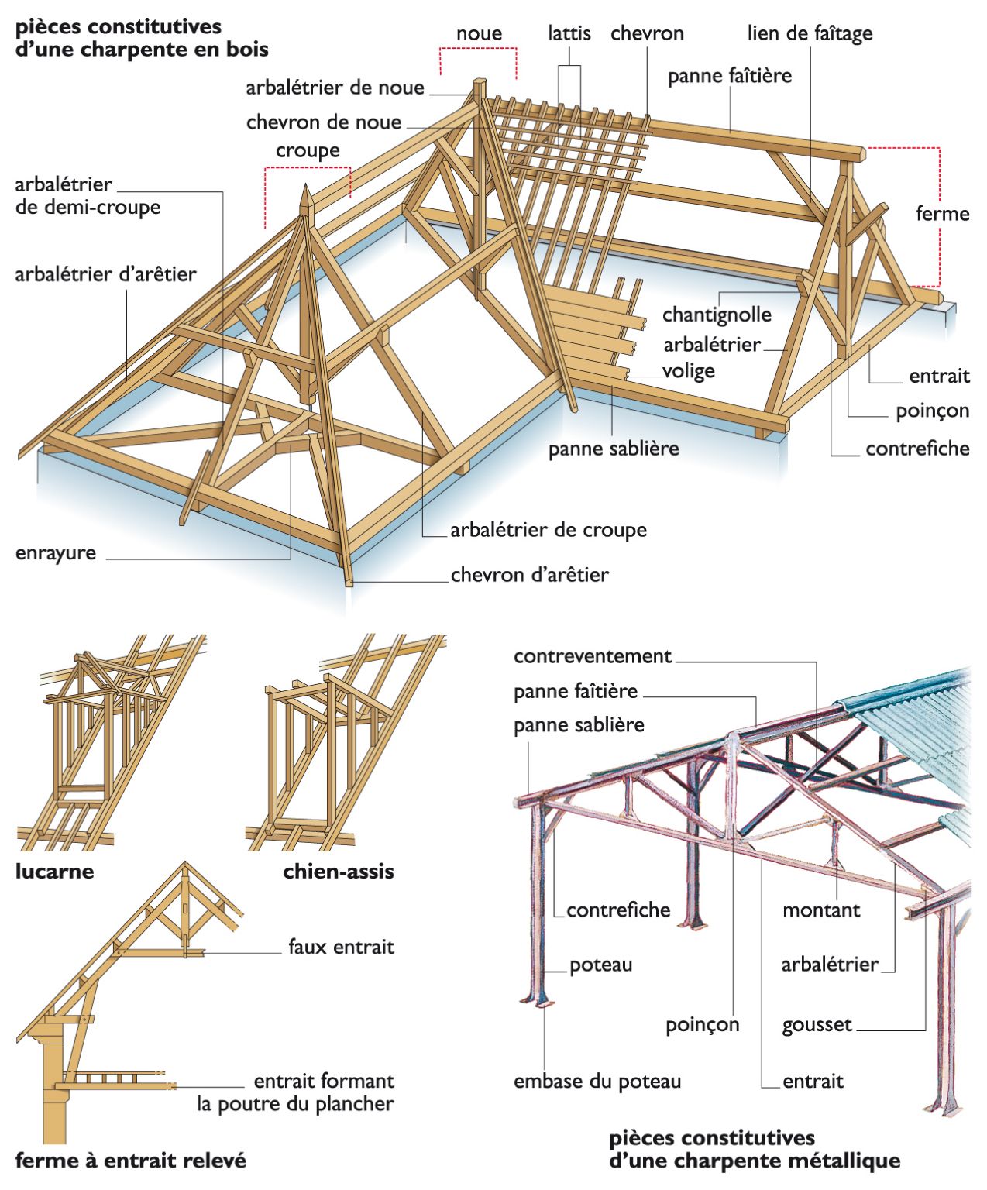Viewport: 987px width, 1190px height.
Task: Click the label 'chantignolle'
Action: [x=717, y=315]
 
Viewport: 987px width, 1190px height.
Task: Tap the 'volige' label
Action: [x=688, y=371]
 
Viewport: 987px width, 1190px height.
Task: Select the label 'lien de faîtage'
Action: [x=810, y=33]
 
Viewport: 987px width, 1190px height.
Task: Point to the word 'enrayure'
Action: [x=56, y=553]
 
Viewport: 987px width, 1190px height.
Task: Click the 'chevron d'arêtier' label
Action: [x=529, y=575]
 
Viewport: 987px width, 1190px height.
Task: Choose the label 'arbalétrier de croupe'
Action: [x=548, y=530]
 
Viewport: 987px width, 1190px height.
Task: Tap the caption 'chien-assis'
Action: [x=339, y=872]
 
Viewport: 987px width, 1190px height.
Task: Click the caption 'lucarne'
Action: [x=54, y=872]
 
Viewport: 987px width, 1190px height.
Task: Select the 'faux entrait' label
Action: [x=341, y=947]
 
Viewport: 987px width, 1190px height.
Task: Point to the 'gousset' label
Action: [x=817, y=1025]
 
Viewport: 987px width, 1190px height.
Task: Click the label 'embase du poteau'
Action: [x=597, y=1082]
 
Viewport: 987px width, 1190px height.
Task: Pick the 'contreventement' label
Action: [x=592, y=656]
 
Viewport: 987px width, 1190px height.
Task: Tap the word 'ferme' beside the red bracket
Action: [x=942, y=214]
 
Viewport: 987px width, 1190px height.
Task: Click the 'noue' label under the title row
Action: [x=479, y=33]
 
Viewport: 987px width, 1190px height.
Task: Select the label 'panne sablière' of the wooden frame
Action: [x=614, y=449]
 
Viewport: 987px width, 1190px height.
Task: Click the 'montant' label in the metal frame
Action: [x=820, y=910]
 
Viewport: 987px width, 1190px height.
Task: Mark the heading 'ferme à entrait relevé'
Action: [x=130, y=1161]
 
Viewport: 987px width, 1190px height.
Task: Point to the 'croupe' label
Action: [x=308, y=150]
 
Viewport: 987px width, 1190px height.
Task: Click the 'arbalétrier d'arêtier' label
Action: [x=105, y=274]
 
